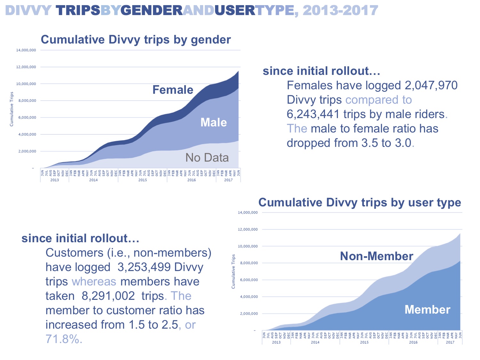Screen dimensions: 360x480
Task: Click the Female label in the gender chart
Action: pyautogui.click(x=173, y=90)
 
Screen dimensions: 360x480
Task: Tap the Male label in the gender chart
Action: pyautogui.click(x=213, y=123)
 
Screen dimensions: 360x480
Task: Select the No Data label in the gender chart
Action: pyautogui.click(x=207, y=158)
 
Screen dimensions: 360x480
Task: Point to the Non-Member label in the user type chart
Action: pyautogui.click(x=376, y=256)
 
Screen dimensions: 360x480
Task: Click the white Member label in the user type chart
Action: pyautogui.click(x=427, y=309)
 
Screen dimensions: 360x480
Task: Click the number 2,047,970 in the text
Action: pyautogui.click(x=431, y=86)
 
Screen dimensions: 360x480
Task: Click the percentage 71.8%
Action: pyautogui.click(x=64, y=339)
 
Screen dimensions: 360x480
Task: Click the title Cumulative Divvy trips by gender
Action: pyautogui.click(x=136, y=40)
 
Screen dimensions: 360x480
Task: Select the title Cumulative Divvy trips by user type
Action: pyautogui.click(x=360, y=203)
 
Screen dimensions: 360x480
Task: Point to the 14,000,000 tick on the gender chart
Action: pyautogui.click(x=26, y=50)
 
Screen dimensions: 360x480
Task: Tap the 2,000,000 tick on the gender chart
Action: pyautogui.click(x=27, y=151)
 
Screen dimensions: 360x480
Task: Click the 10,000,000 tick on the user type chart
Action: pyautogui.click(x=248, y=246)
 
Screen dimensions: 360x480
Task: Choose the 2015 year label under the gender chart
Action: pyautogui.click(x=142, y=180)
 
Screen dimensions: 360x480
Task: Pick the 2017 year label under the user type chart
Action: pyautogui.click(x=450, y=342)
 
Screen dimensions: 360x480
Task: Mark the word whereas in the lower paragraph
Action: pyautogui.click(x=94, y=282)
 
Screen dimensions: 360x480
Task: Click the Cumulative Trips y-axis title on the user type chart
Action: pyautogui.click(x=233, y=271)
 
